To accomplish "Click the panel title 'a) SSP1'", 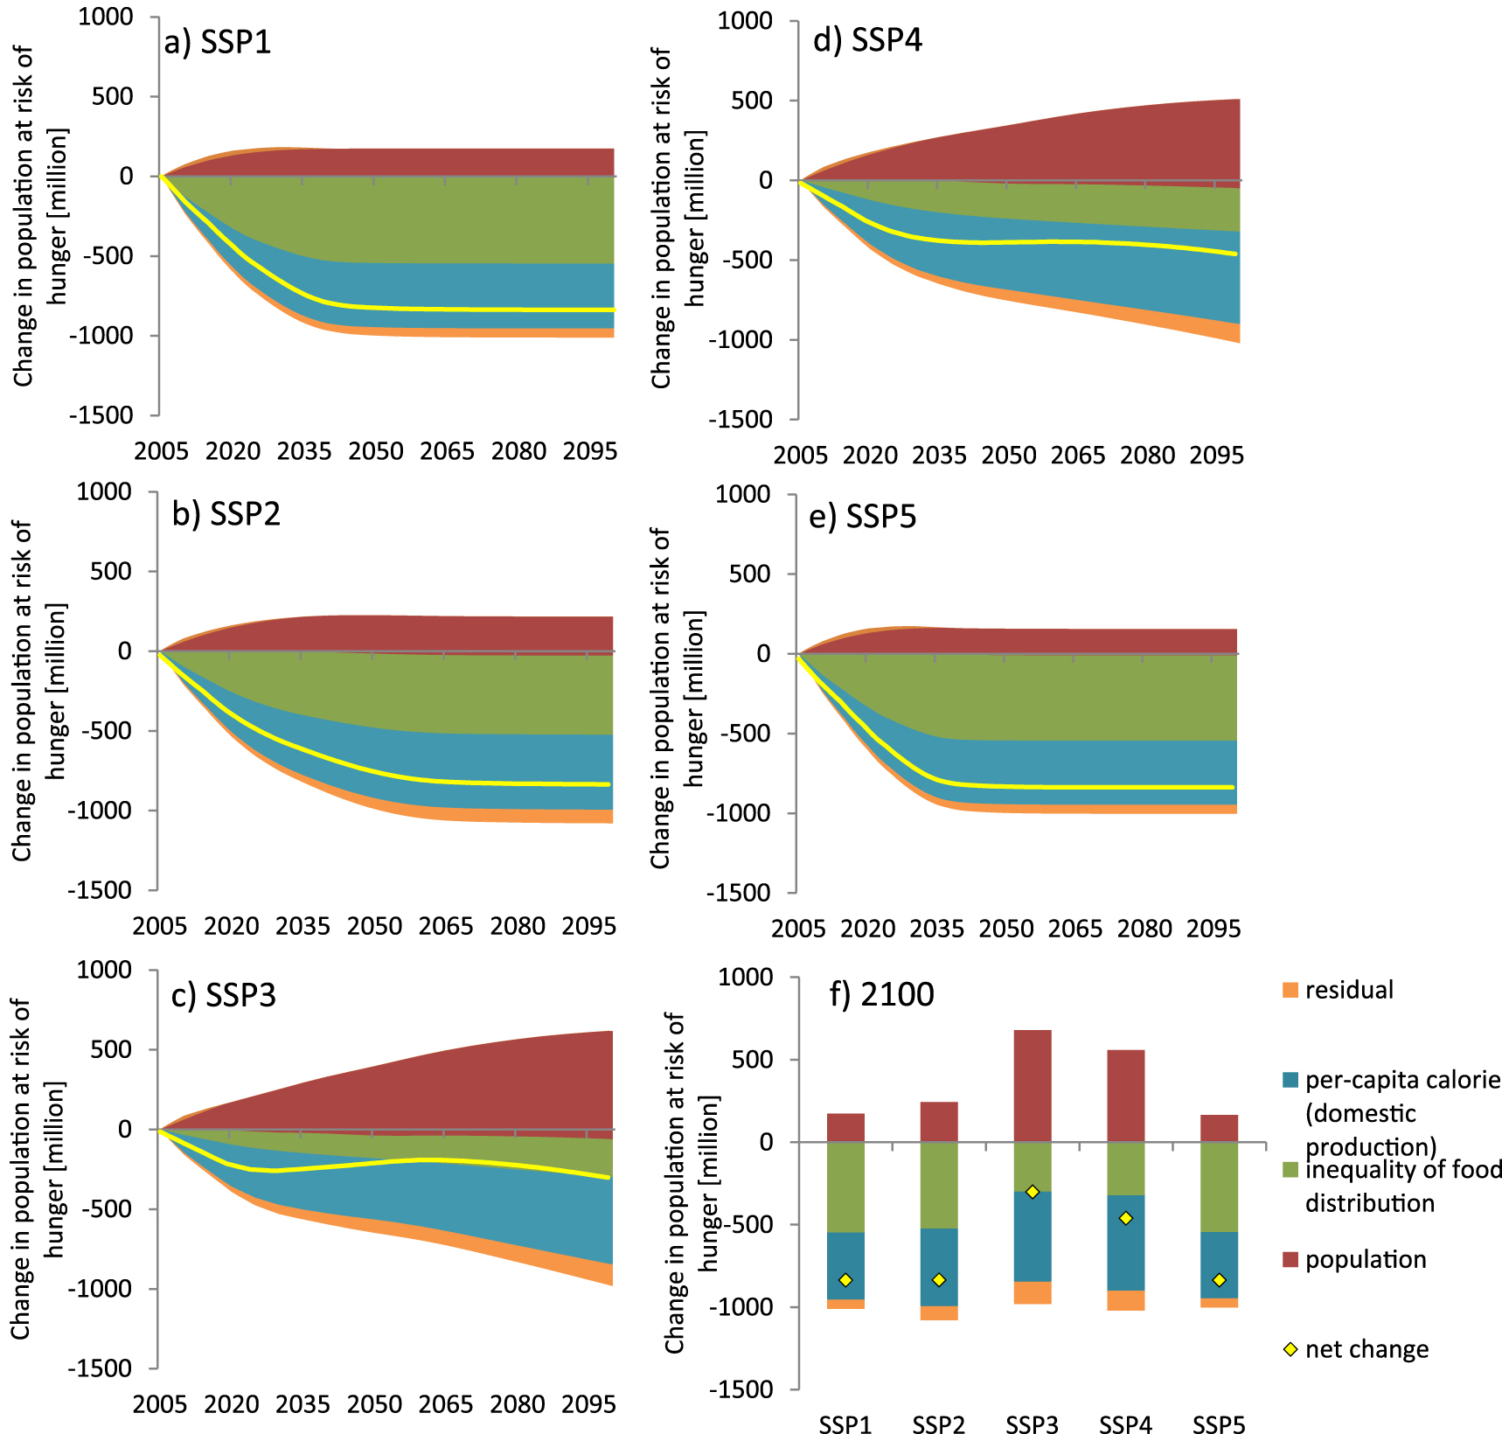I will (x=218, y=42).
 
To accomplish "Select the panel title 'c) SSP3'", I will (x=224, y=995).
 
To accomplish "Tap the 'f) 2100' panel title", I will (x=881, y=994).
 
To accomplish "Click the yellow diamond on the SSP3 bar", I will (x=1032, y=1192).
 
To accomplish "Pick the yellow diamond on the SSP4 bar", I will (x=1125, y=1218).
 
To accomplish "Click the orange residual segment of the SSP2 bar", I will (x=939, y=1312).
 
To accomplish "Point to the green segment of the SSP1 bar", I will (x=845, y=1187).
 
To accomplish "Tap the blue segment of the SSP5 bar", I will (x=1219, y=1264).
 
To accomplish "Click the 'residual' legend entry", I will (x=1349, y=990).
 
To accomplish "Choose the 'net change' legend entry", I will (x=1366, y=1349).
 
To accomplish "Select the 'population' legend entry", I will (x=1365, y=1259).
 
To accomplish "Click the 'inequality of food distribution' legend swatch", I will (x=1290, y=1170).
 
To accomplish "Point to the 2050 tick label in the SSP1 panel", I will (x=376, y=451).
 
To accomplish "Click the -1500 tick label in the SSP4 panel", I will (x=741, y=420).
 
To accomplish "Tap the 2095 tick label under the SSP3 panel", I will (x=588, y=1404).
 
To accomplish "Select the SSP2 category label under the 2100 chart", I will (x=939, y=1424).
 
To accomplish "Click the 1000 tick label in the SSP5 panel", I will (x=743, y=494).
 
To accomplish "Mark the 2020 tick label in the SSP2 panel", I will (x=232, y=926).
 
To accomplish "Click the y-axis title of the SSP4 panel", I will (x=677, y=219).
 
